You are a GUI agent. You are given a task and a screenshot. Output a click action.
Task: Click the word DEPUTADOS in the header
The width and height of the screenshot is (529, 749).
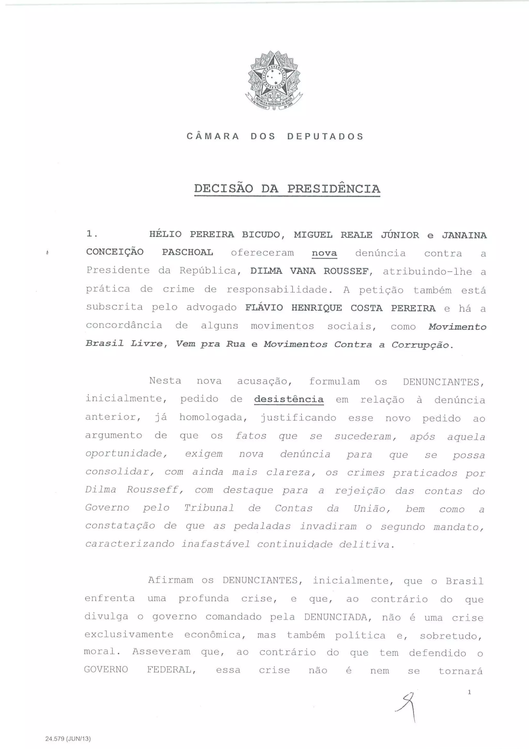(325, 136)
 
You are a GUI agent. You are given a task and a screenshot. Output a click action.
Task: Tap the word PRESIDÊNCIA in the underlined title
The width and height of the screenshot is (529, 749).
(333, 189)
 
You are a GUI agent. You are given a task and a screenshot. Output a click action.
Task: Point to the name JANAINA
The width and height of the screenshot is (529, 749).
(464, 235)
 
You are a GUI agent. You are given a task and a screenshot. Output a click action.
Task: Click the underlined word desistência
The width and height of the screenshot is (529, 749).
(289, 399)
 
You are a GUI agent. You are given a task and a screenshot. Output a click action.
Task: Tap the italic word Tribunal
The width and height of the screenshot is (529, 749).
(209, 508)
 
